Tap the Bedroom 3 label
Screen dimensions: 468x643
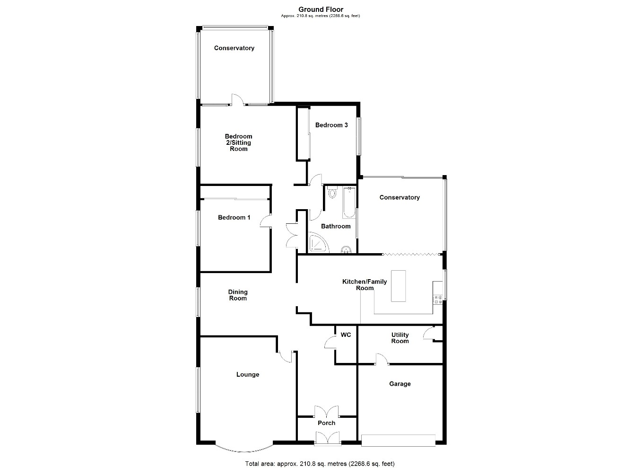(x=331, y=125)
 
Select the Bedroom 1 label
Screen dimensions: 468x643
(x=234, y=218)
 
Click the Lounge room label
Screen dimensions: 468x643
(x=248, y=374)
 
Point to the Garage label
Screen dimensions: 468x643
(x=400, y=384)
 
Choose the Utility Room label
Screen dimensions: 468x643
(x=400, y=338)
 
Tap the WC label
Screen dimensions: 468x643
(x=346, y=335)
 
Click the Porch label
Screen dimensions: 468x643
(x=327, y=423)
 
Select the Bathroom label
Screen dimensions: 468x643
(x=336, y=226)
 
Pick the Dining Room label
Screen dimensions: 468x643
(x=238, y=295)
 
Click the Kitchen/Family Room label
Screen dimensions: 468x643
(x=365, y=284)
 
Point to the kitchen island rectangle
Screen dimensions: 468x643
(x=398, y=286)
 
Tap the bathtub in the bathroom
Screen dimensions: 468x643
(x=349, y=203)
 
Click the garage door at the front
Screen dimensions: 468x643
(x=398, y=441)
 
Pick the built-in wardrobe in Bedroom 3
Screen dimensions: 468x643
(x=303, y=134)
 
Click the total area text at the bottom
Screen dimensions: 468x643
(x=320, y=464)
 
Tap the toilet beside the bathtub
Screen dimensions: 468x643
(x=332, y=193)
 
